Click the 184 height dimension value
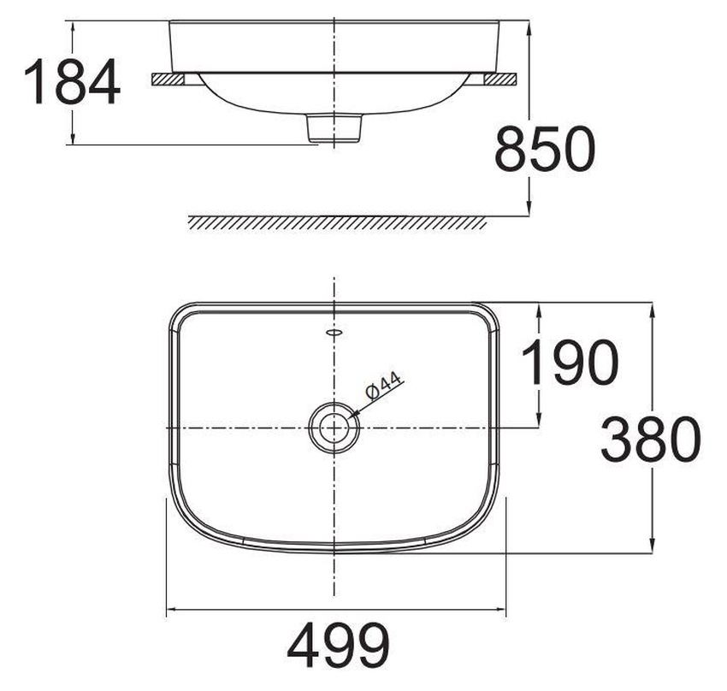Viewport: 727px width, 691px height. coord(72,82)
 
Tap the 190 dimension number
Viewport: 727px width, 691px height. coord(569,362)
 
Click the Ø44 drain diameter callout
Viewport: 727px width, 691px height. coord(382,387)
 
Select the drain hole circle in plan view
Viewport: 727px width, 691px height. coord(334,426)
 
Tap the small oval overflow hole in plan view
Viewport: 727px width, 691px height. coord(334,330)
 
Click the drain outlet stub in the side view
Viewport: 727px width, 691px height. coord(334,128)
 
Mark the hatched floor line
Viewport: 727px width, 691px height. coord(338,222)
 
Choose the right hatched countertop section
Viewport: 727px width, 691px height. coord(499,80)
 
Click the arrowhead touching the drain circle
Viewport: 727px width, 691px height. coord(352,413)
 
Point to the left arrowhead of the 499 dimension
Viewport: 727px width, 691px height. coord(170,611)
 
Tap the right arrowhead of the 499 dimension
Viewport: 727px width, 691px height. coord(502,611)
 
